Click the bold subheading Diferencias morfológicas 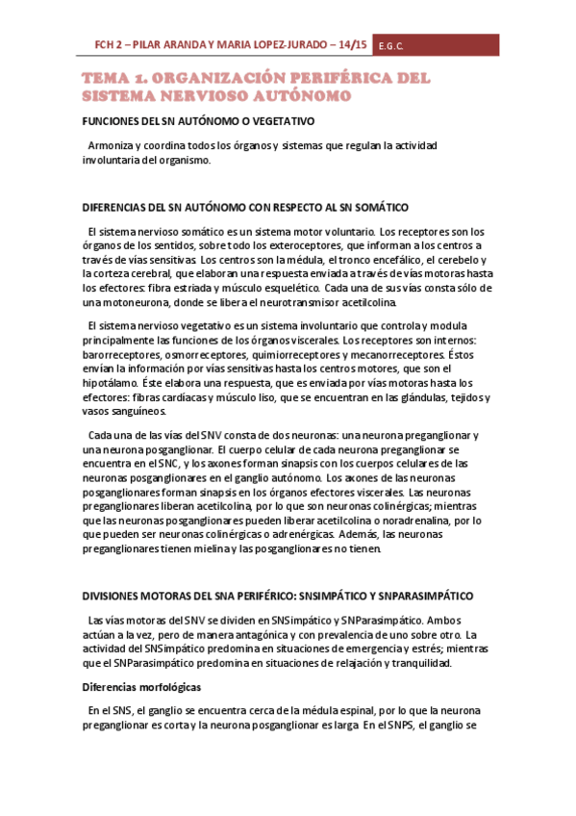(x=140, y=688)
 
